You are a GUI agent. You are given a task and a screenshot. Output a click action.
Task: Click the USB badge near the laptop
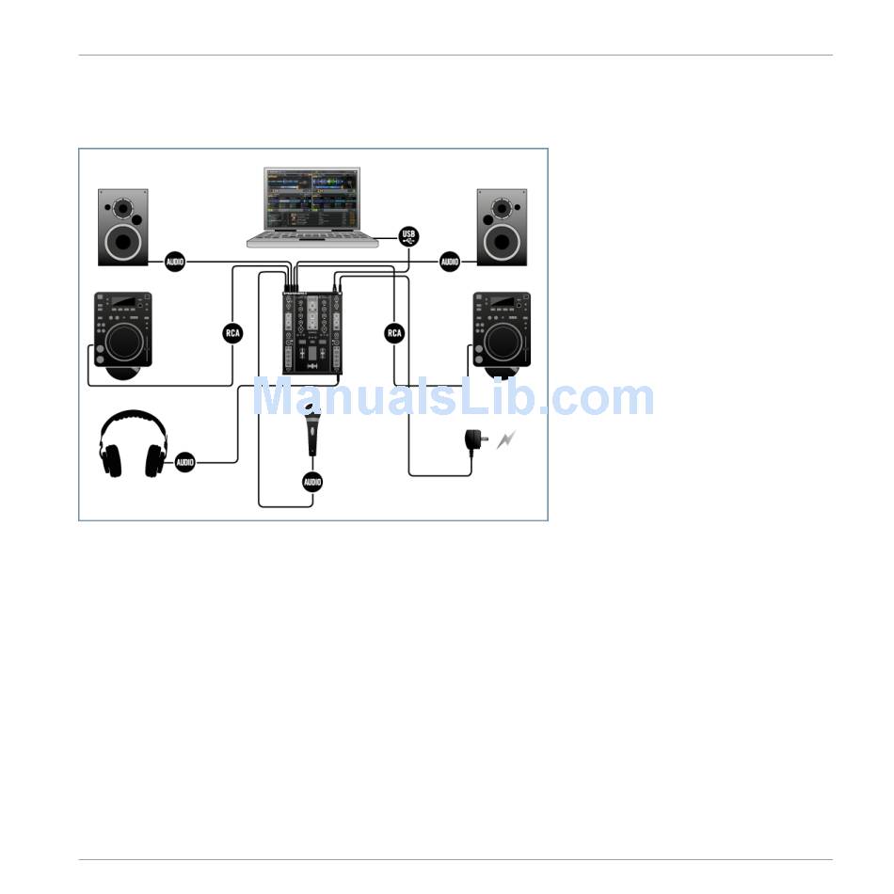tap(408, 236)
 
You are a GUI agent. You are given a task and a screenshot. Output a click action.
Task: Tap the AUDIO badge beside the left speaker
tap(174, 262)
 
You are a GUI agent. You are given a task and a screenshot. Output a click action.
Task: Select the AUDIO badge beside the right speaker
tap(450, 262)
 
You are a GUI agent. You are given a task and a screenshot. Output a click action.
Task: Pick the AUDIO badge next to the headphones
tap(185, 462)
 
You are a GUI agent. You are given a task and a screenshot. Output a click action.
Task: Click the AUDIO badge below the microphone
tap(312, 482)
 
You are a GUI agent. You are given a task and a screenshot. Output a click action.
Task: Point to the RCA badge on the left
tap(232, 333)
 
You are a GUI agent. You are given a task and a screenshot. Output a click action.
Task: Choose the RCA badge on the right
tap(394, 333)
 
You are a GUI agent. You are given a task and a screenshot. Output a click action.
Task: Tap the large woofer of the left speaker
tap(123, 241)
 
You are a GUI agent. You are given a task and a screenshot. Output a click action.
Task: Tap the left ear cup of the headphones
tap(112, 459)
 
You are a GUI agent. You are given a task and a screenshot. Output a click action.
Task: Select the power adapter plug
tap(474, 441)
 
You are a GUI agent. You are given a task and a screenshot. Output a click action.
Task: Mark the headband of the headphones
tap(134, 419)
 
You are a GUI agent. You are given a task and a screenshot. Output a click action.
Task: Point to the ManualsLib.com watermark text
tap(453, 398)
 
